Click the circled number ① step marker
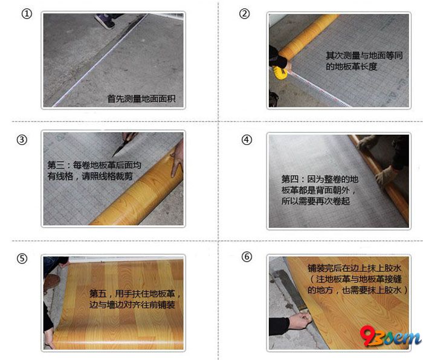pos(27,14)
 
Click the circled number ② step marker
pos(244,13)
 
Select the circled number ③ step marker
pos(22,140)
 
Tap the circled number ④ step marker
pos(247,140)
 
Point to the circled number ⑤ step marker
pos(22,259)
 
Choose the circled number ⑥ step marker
pos(247,257)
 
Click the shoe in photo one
pos(106,21)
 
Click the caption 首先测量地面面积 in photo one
pos(141,98)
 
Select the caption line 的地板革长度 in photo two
pos(351,66)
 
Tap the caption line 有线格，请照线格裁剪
pos(90,176)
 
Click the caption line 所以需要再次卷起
pos(315,201)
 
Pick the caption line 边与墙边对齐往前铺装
pos(132,304)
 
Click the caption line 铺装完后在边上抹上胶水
pos(355,268)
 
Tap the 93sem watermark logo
pos(390,336)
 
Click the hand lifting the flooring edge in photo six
pos(300,320)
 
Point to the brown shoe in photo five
pos(51,283)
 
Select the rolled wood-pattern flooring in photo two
pos(308,37)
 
